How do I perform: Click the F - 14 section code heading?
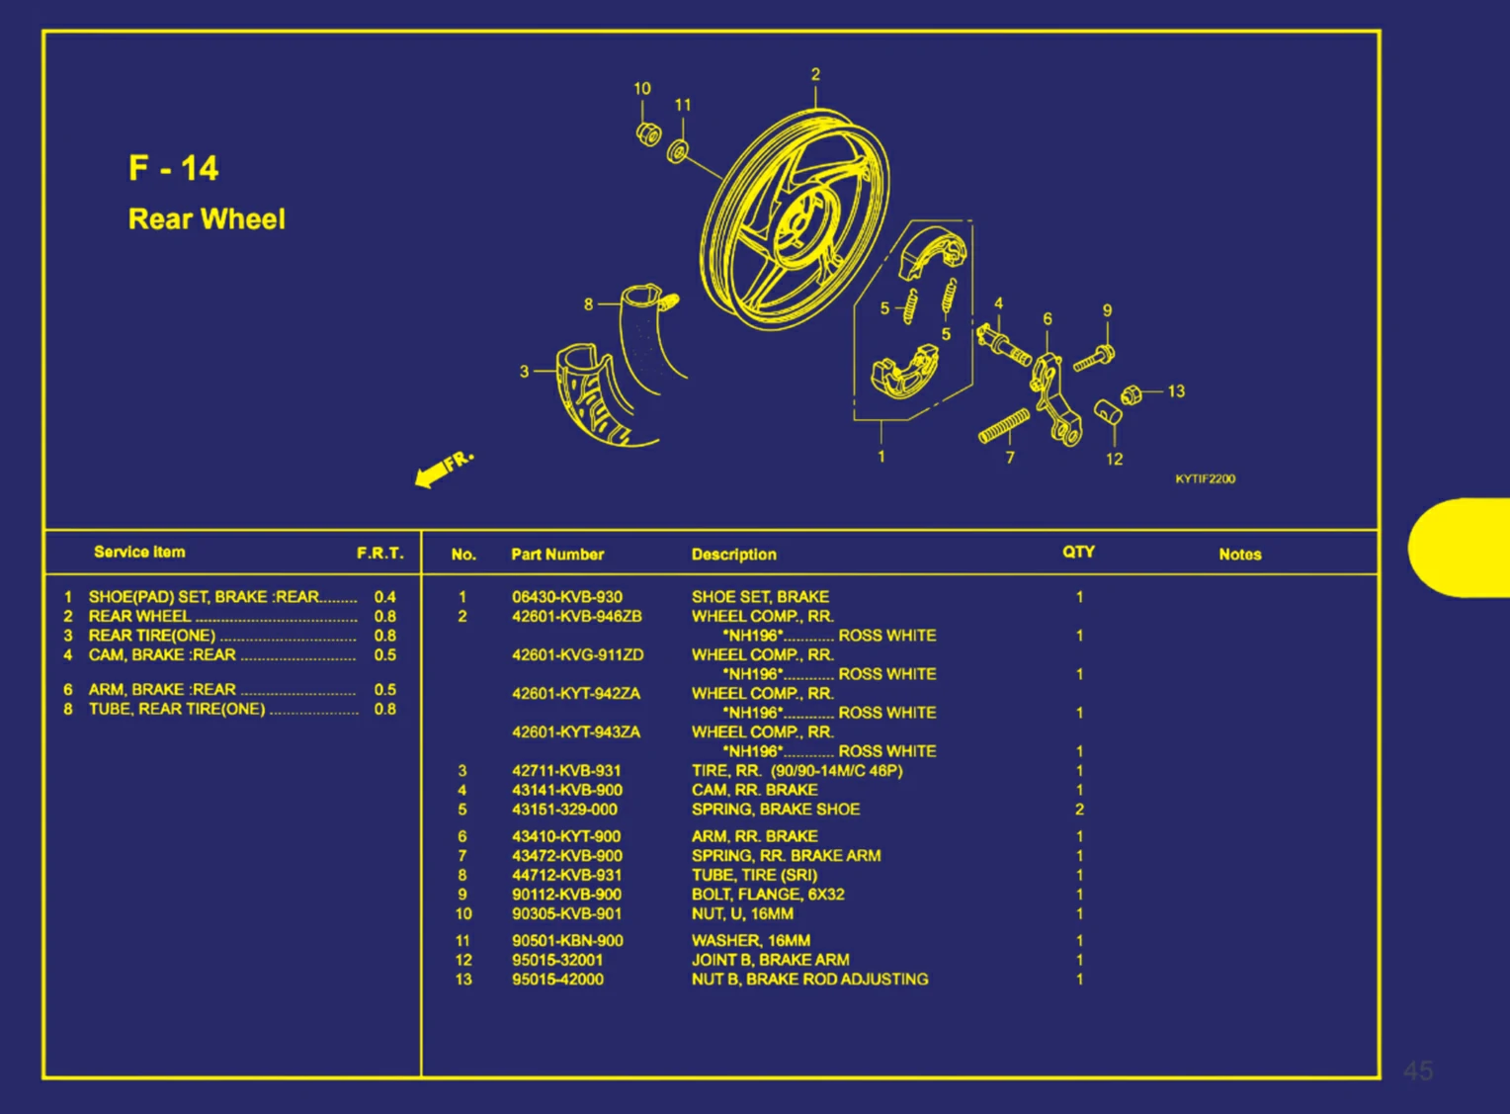coord(173,168)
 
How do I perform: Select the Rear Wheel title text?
coord(207,219)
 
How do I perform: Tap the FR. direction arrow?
coord(444,470)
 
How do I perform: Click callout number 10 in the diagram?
coord(641,88)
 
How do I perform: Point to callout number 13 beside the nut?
coord(1176,391)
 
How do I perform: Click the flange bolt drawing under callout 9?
coord(1093,358)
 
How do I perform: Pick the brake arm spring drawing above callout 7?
coord(1004,426)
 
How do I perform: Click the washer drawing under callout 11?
coord(677,151)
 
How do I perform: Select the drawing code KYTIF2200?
coord(1206,478)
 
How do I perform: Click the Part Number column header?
coord(557,555)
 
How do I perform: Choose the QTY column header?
coord(1078,552)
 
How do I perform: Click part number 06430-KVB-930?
coord(567,597)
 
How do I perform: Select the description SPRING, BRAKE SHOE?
coord(776,810)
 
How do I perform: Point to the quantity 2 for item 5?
coord(1079,810)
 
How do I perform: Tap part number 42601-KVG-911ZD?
coord(578,654)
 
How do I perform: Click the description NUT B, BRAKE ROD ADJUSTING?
coord(809,980)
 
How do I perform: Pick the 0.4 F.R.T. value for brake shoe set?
coord(385,597)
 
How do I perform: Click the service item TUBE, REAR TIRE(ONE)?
coord(177,709)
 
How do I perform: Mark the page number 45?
coord(1418,1071)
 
